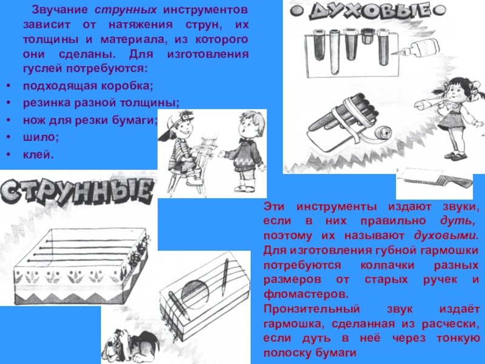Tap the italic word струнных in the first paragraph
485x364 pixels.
(125, 10)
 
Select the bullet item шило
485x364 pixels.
(41, 137)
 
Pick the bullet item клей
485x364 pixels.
(38, 154)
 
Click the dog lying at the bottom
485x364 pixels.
(130, 346)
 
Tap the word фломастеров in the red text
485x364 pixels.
(306, 294)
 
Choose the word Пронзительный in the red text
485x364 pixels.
(312, 309)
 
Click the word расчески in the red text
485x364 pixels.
(447, 324)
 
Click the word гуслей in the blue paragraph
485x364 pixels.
(41, 69)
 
